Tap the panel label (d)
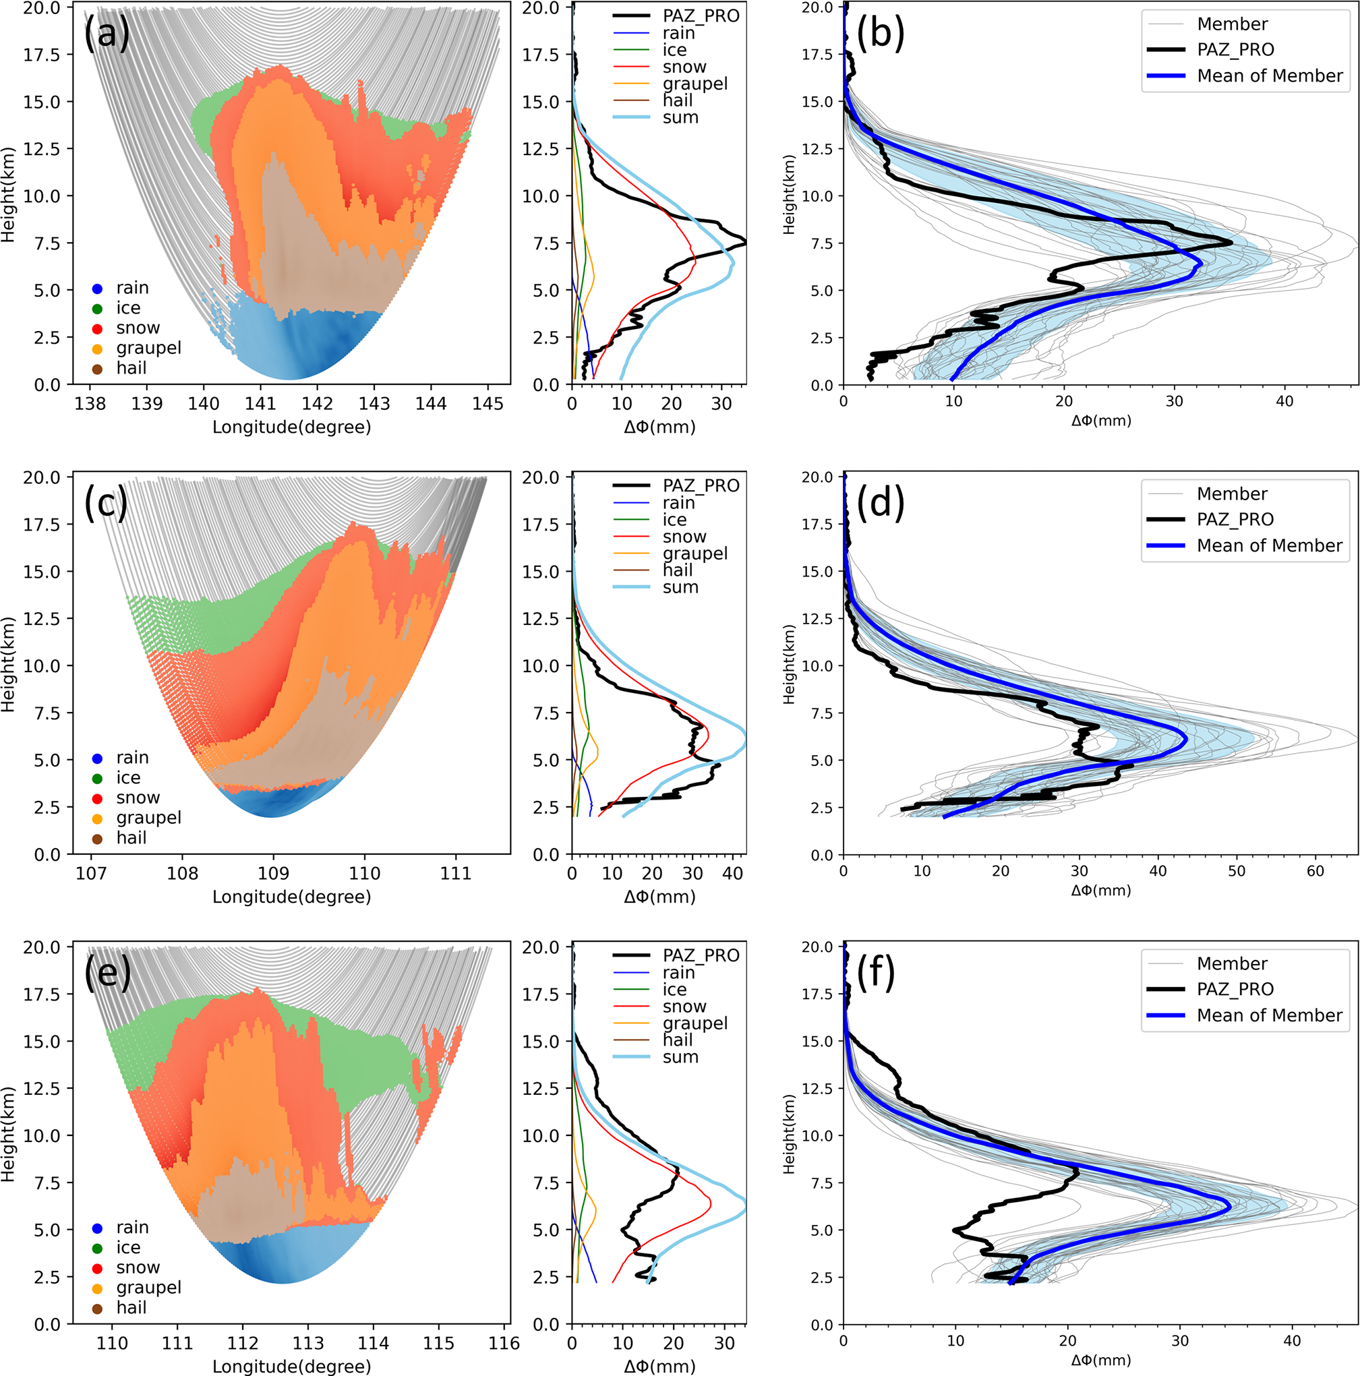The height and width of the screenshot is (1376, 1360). pos(881,503)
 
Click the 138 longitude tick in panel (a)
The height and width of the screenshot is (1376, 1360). pos(90,404)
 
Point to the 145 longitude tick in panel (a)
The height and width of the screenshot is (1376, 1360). pos(487,404)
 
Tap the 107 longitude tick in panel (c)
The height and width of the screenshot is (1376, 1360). pos(91,873)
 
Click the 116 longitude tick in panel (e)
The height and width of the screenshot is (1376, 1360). pos(504,1343)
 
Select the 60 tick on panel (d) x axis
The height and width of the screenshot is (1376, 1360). pos(1315,871)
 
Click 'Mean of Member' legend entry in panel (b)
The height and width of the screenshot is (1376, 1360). pos(1270,76)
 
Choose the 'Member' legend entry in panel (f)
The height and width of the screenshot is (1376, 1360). pos(1232,963)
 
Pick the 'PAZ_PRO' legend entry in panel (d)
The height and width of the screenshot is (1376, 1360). pos(1235,519)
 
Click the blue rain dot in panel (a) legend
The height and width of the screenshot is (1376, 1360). pos(98,289)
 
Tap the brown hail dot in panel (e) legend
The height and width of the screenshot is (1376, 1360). pos(98,1309)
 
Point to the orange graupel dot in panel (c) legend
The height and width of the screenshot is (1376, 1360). pos(98,818)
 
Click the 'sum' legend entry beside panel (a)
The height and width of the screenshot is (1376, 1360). pos(680,117)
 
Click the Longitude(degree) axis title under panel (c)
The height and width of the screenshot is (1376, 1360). pos(291,897)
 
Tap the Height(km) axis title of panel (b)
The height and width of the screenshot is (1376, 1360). pos(789,193)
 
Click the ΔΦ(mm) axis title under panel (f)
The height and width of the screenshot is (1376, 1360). pos(1100,1360)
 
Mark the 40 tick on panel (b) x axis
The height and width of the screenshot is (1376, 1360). pos(1284,402)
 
